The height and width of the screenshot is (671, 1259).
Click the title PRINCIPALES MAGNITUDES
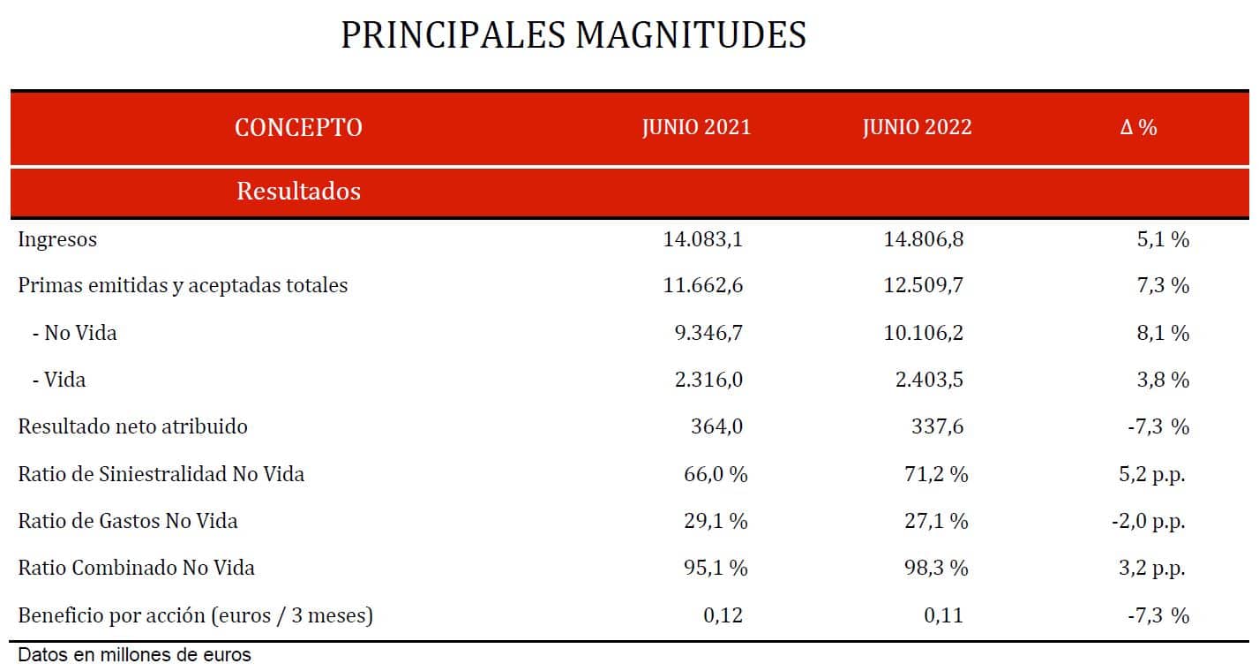[573, 35]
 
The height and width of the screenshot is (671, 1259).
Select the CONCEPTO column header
[298, 127]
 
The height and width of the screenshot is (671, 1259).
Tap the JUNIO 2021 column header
[696, 127]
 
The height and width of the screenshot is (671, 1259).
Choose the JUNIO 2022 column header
[917, 127]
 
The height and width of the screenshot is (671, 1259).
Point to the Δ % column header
[1138, 127]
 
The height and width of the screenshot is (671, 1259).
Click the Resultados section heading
[298, 191]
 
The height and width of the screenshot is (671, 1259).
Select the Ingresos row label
[57, 239]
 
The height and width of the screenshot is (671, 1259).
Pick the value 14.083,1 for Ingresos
[702, 239]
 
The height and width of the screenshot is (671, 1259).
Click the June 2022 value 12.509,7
[923, 286]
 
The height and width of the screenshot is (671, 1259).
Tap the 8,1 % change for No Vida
[1164, 333]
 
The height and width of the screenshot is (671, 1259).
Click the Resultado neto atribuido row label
[132, 426]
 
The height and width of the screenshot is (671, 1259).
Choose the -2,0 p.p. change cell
[1148, 521]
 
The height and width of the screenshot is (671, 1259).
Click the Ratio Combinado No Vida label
[136, 568]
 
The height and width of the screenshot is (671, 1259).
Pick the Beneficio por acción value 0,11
[943, 615]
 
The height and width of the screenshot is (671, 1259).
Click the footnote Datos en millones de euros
[134, 656]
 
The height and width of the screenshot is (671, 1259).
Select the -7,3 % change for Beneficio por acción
[1158, 615]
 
